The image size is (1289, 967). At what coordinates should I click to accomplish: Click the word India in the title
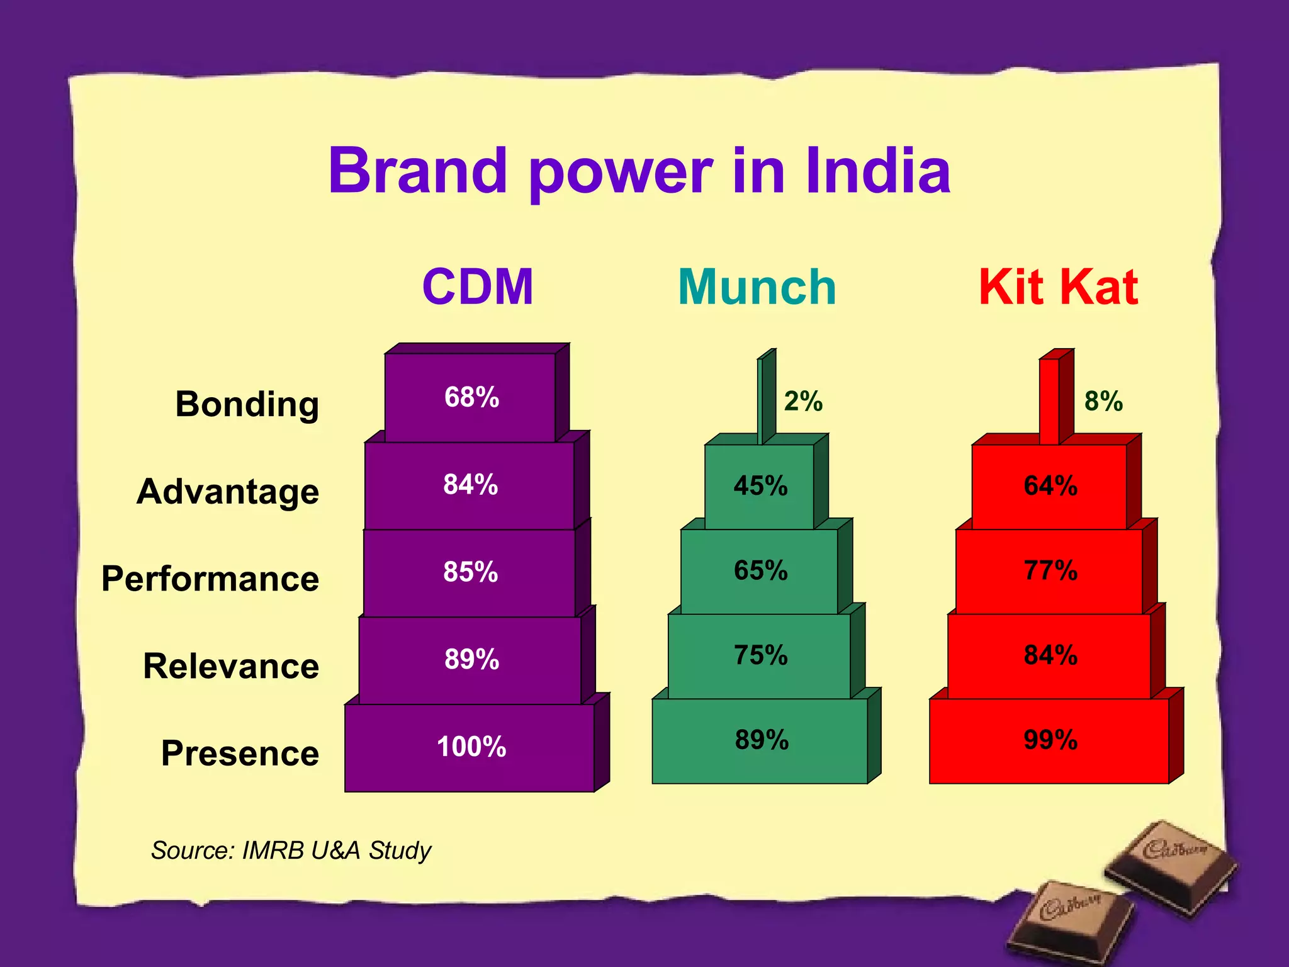coord(877,171)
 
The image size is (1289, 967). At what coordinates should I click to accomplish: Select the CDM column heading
coord(478,287)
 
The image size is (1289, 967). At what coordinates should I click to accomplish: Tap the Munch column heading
coord(757,287)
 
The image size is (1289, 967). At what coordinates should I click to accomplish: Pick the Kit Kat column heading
coord(1058,287)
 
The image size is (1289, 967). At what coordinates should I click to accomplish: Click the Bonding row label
coord(247,404)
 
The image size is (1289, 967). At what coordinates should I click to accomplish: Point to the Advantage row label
coord(228,492)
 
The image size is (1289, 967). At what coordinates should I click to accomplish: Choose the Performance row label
coord(210,579)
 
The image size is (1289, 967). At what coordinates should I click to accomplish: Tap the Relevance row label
coord(231,666)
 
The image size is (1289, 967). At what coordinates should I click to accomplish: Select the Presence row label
coord(240,753)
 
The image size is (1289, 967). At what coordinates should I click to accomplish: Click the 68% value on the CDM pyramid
coord(471,397)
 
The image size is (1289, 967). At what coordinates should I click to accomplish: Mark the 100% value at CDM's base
coord(471,747)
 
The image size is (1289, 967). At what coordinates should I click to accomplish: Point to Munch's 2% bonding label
coord(803,401)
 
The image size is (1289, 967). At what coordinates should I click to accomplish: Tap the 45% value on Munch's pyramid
coord(760,486)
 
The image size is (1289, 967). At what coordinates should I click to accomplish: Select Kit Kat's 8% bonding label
coord(1103,401)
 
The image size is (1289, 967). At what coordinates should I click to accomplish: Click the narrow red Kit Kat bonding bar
coord(1050,401)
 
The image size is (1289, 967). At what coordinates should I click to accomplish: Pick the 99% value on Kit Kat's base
coord(1050,740)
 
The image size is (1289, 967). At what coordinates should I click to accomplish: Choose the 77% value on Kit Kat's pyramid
coord(1050,570)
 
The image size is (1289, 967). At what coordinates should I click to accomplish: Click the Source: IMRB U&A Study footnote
coord(291,851)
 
